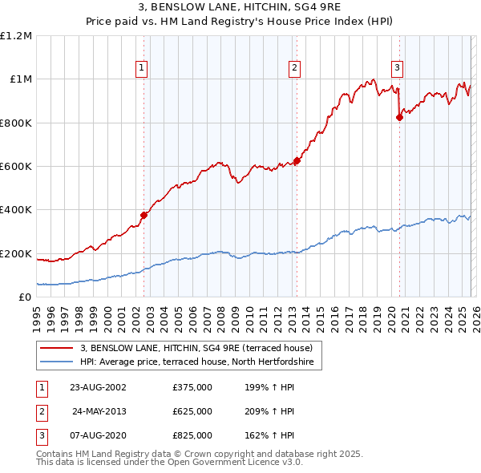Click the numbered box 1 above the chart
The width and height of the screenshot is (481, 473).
click(x=141, y=68)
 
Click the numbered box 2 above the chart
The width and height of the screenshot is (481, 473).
click(x=295, y=68)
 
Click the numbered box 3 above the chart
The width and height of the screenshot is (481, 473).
click(x=397, y=68)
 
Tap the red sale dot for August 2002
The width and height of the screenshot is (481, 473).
click(x=144, y=215)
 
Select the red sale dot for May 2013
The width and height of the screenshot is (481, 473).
click(x=296, y=160)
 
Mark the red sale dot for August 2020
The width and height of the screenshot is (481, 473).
click(x=399, y=117)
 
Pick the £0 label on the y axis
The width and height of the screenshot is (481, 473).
click(x=24, y=297)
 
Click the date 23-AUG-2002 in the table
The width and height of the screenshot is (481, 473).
click(x=99, y=387)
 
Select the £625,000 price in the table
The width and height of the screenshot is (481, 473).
click(x=192, y=411)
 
